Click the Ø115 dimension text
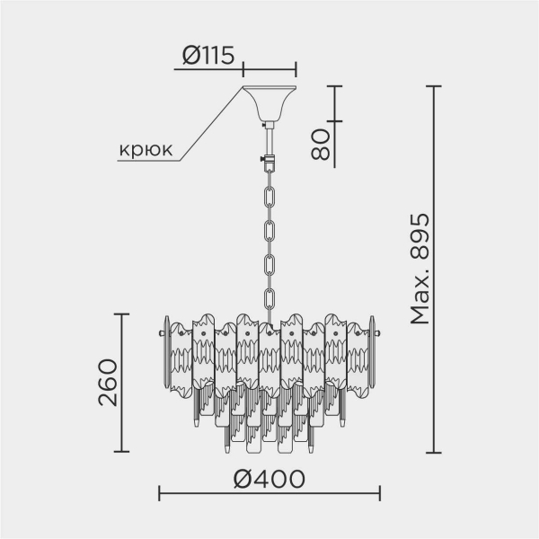(x=208, y=56)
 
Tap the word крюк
(x=146, y=150)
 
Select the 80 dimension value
(x=320, y=143)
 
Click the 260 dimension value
(x=108, y=383)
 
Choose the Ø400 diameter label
(x=269, y=478)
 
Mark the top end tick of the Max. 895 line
(x=434, y=86)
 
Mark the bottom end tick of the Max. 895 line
(x=434, y=453)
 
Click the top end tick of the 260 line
(x=122, y=314)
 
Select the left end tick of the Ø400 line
(x=159, y=493)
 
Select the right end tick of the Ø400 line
(x=380, y=493)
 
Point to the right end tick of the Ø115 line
(x=295, y=68)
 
